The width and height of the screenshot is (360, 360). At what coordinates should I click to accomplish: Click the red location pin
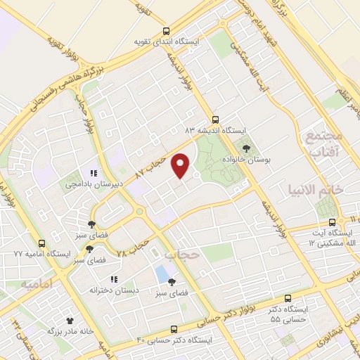(x=181, y=165)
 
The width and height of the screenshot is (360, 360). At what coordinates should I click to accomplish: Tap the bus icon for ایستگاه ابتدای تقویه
(x=166, y=31)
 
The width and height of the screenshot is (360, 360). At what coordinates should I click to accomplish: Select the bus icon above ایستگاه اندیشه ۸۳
(x=215, y=120)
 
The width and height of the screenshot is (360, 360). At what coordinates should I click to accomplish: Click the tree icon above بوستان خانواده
(x=246, y=148)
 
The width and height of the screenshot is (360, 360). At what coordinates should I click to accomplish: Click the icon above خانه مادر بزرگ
(x=70, y=320)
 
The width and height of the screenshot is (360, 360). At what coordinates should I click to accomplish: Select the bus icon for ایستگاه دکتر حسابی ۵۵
(x=287, y=298)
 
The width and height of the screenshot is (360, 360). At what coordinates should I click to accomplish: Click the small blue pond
(x=162, y=273)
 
